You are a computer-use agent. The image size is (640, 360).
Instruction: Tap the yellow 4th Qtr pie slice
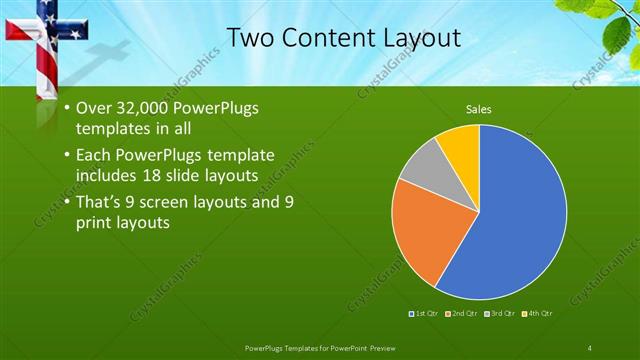(x=461, y=145)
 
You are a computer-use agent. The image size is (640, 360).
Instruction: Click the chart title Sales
(x=479, y=109)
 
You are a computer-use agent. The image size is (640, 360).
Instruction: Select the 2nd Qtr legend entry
(x=460, y=314)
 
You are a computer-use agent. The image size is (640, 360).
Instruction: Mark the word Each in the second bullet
(x=93, y=155)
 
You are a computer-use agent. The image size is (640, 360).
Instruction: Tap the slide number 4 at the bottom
(x=590, y=347)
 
